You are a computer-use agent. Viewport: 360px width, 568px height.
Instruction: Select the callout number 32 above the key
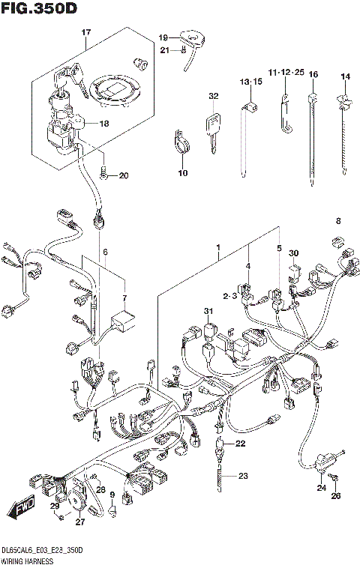[x=214, y=97]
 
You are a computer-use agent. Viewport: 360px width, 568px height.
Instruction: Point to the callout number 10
[x=181, y=173]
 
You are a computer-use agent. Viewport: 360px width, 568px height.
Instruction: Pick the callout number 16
[x=313, y=74]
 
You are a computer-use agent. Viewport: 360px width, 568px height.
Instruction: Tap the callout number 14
[x=345, y=76]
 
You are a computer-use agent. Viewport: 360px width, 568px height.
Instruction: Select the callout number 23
[x=242, y=476]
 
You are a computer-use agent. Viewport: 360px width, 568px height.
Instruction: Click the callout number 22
[x=240, y=444]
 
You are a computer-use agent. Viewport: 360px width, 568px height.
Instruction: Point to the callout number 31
[x=207, y=312]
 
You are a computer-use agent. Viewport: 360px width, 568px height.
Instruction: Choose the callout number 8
[x=337, y=221]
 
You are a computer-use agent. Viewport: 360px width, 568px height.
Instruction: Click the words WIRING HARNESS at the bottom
[x=30, y=560]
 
